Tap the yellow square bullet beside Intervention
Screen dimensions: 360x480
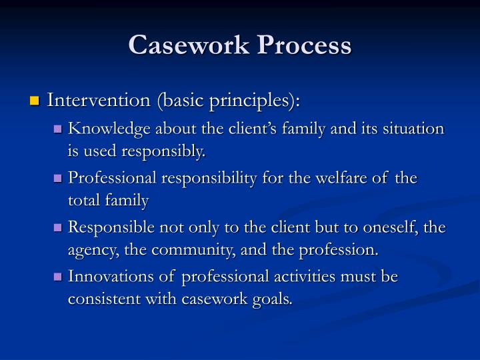tap(34, 102)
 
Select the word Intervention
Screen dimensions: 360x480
tap(99, 101)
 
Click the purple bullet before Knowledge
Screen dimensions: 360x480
tap(58, 129)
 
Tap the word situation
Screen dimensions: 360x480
tap(413, 128)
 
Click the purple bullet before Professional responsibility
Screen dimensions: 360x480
tap(58, 179)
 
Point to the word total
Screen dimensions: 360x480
tap(83, 200)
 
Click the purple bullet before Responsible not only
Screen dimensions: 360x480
tap(58, 228)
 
